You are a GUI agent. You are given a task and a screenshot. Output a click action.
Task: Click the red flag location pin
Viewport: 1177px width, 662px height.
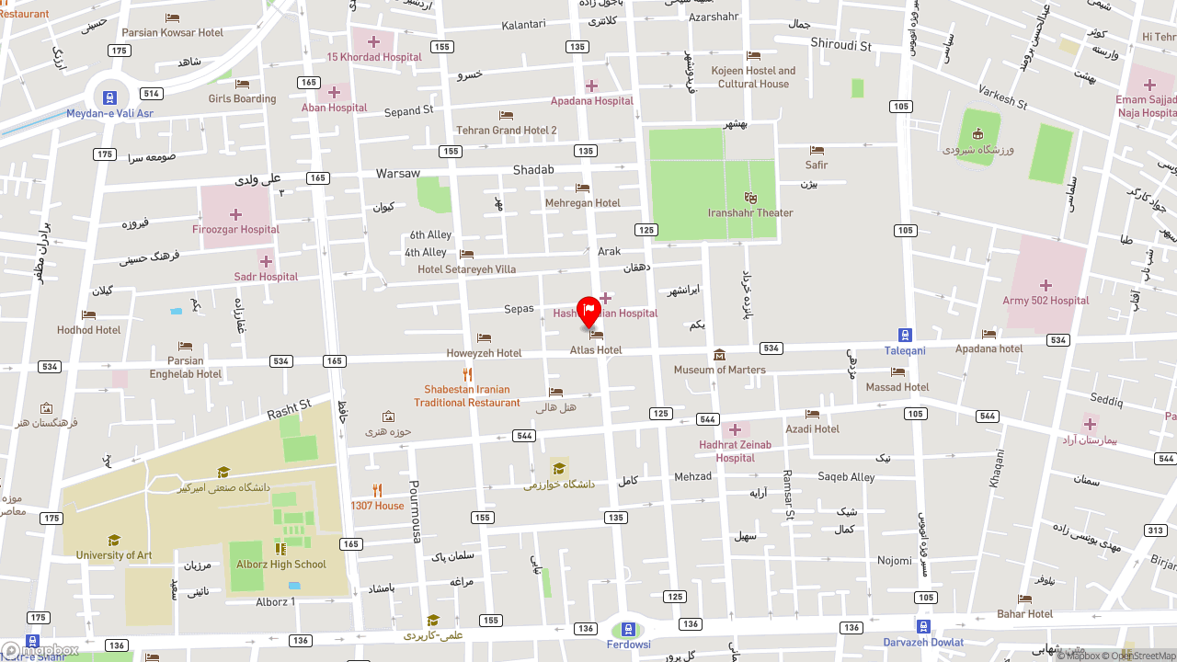588,311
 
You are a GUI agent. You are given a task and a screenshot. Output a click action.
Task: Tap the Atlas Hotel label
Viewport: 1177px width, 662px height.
596,350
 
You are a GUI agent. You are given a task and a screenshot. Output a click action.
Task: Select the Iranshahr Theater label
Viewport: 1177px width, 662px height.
750,213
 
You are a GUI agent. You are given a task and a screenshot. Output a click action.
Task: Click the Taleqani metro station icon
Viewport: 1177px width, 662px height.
905,336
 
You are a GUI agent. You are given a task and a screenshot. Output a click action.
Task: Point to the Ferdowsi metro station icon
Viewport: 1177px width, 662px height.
628,630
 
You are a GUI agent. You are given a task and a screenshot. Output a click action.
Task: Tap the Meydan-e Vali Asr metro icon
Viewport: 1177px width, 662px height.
109,97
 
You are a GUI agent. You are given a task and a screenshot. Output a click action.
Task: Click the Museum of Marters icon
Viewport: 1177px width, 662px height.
719,355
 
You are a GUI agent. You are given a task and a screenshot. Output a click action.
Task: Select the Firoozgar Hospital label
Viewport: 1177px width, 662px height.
235,230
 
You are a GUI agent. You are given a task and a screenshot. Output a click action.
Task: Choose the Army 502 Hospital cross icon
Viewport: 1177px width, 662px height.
1046,285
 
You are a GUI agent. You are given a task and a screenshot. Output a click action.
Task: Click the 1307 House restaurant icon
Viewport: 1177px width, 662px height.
377,491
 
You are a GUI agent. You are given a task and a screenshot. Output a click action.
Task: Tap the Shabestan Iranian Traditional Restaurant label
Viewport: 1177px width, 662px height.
467,396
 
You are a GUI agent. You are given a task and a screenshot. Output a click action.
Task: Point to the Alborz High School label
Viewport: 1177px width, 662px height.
281,565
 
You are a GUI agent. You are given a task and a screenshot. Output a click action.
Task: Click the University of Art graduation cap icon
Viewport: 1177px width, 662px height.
114,541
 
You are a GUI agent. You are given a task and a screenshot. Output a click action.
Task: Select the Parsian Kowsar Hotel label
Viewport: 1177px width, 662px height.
173,33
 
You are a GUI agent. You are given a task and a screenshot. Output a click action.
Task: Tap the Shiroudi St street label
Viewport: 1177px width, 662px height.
840,44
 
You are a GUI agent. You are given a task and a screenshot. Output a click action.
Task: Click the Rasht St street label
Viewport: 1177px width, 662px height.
290,409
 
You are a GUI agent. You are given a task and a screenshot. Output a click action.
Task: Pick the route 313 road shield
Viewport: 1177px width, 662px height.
1155,531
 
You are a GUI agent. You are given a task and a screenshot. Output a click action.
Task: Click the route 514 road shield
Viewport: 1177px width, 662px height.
151,94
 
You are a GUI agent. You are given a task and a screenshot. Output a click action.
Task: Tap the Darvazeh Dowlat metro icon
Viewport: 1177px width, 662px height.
923,627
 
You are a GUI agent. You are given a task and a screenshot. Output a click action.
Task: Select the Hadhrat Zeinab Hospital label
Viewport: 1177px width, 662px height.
736,451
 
